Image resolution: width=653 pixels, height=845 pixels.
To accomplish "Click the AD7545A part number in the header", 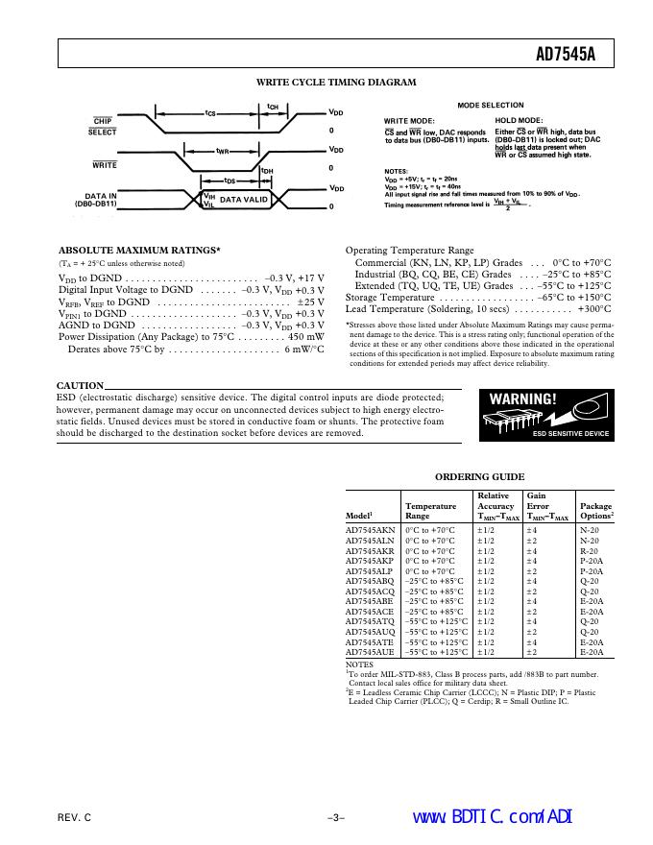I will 565,55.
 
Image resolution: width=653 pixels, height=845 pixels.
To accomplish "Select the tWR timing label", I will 222,150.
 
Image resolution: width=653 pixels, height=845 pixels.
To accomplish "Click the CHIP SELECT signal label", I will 104,126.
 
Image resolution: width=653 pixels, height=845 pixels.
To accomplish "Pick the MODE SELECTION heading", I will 490,105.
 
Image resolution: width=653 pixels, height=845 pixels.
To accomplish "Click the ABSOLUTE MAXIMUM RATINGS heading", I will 138,250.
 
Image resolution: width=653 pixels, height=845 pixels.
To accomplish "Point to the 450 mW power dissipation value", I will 304,337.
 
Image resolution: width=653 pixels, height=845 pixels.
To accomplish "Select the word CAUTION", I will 80,386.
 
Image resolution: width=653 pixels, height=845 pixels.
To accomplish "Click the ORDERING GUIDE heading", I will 479,476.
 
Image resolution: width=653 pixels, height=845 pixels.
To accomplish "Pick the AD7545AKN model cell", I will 370,530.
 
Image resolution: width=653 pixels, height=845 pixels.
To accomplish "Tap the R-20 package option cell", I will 589,550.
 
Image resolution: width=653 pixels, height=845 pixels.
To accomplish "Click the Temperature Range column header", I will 430,511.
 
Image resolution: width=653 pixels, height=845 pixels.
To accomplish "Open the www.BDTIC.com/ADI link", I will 491,816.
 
